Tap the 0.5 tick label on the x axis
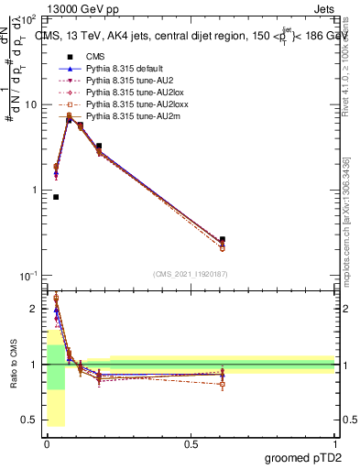[191, 443]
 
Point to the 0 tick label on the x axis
[47, 443]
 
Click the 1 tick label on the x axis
[334, 443]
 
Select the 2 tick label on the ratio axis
[34, 309]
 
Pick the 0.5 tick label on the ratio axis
[29, 420]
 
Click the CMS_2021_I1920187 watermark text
[191, 273]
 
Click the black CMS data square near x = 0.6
[223, 240]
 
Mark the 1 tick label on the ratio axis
[34, 365]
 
